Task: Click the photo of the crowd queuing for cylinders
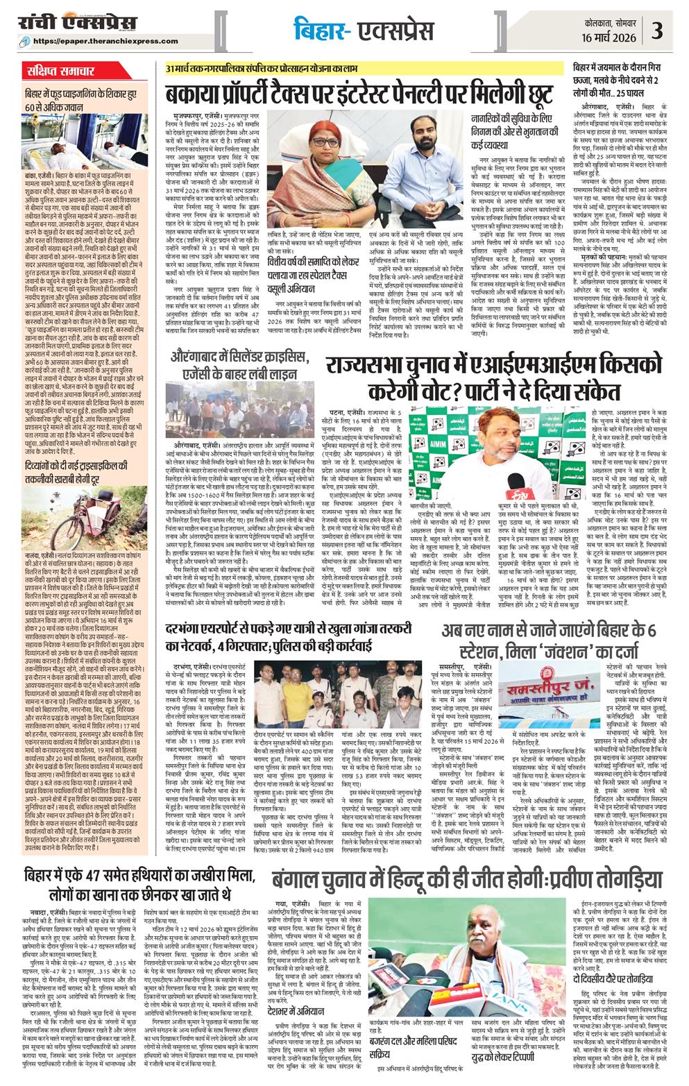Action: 239,416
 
